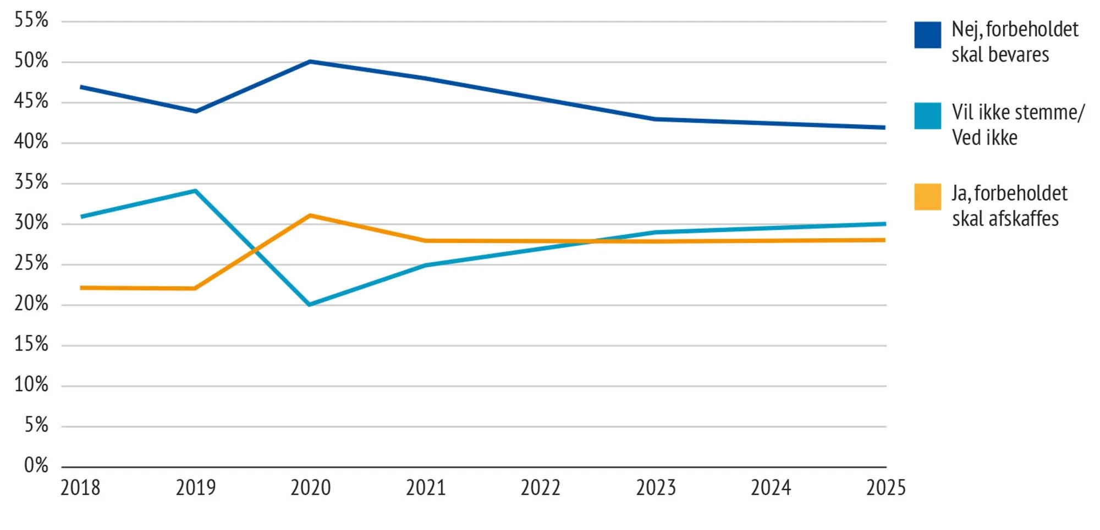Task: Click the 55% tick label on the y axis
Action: coord(31,20)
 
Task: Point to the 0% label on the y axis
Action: coord(36,466)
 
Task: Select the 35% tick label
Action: coord(31,182)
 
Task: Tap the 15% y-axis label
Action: coord(31,344)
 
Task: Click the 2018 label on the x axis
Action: coord(80,488)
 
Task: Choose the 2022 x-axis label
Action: coord(541,488)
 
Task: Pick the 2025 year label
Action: coord(886,488)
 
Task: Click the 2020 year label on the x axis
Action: coord(311,488)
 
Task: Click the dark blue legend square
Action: coord(927,35)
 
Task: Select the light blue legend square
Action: coord(927,116)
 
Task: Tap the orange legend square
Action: coord(927,197)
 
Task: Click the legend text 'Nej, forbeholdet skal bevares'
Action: coord(1014,42)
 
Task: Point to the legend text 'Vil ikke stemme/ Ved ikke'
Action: coord(1018,125)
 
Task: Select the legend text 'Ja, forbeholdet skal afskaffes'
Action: coord(1009,206)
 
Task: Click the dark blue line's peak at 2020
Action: coord(310,62)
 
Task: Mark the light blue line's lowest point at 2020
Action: coord(310,304)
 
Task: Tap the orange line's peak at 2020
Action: coord(310,216)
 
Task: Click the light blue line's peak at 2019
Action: coord(195,191)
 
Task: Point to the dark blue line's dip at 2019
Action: coord(196,111)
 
